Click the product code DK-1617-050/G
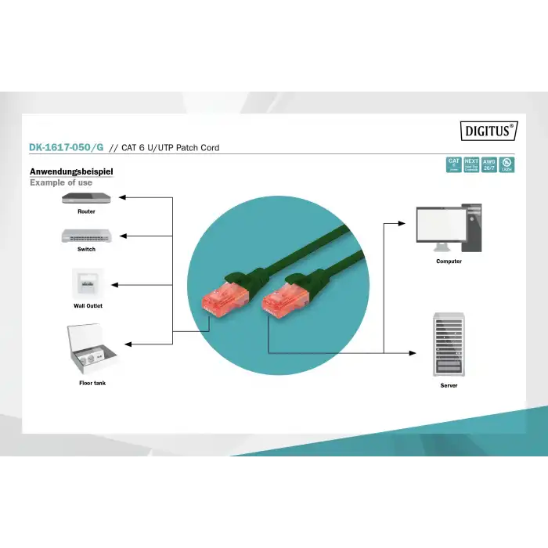coord(67,147)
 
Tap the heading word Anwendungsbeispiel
coord(71,171)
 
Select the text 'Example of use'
coord(61,182)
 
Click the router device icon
coord(86,199)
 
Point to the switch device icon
coord(86,236)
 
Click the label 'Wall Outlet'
coord(88,306)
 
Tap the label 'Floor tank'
coord(92,383)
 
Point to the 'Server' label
coord(449,385)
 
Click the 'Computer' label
coord(449,261)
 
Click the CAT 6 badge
coord(453,164)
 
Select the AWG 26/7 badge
coord(489,164)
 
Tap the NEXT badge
coord(471,164)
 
